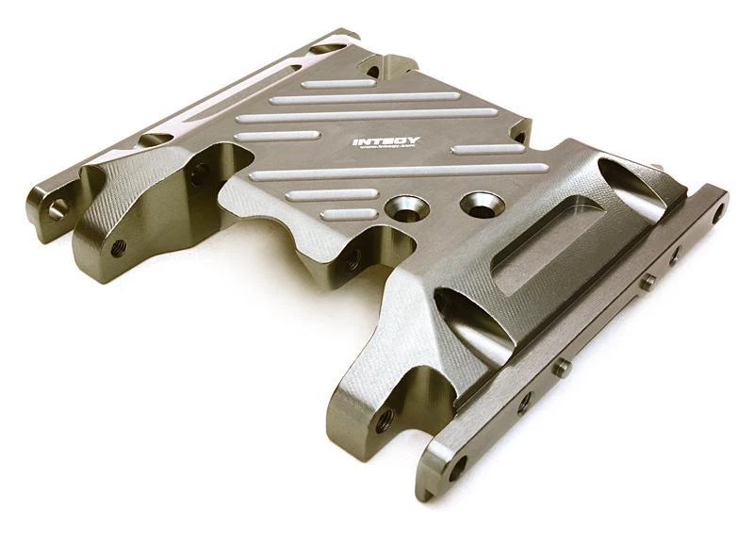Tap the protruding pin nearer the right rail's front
[562, 368]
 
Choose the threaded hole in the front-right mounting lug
[384, 420]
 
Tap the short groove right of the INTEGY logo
[486, 148]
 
